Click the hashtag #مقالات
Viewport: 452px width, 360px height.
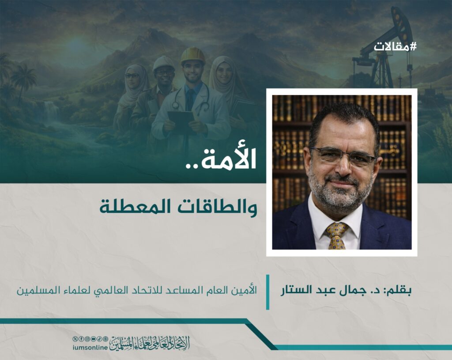click(x=395, y=47)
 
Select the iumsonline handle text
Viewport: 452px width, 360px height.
click(x=90, y=348)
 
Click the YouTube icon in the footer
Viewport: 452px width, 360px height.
click(x=94, y=339)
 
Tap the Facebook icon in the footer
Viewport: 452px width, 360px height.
click(x=82, y=339)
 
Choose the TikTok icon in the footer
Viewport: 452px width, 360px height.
click(x=99, y=339)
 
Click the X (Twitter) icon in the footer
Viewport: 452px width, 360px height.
click(x=75, y=339)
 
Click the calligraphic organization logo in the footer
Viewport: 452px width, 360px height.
click(x=150, y=343)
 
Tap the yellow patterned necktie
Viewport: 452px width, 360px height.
click(x=336, y=235)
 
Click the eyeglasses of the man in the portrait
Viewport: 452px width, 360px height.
click(x=343, y=156)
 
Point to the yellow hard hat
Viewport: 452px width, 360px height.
click(x=193, y=55)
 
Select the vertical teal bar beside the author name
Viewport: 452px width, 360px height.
click(x=268, y=292)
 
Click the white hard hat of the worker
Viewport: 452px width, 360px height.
click(x=163, y=63)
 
